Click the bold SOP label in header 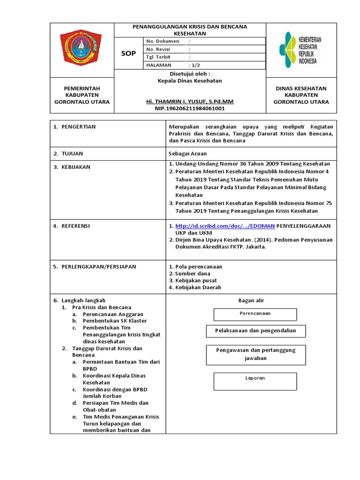coord(128,53)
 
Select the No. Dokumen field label coord(163,41)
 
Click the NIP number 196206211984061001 coord(190,108)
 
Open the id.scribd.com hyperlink coord(225,226)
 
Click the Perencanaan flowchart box coord(255,314)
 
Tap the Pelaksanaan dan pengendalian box coord(255,330)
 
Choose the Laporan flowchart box coord(255,381)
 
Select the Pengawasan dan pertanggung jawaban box coord(255,354)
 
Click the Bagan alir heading coord(251,300)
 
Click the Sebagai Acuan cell coord(187,153)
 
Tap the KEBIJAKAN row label coord(75,167)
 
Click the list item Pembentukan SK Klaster coord(114,321)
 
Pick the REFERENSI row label coord(75,226)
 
